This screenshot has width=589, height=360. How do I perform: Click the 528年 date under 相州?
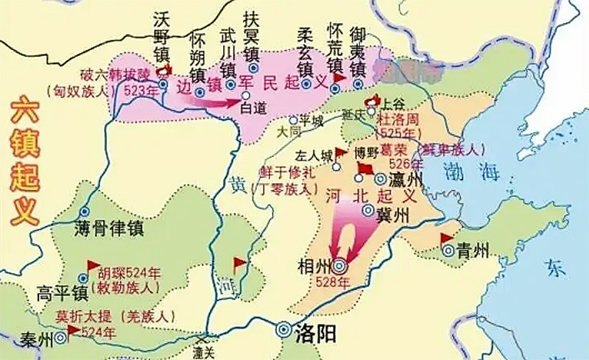pyautogui.click(x=338, y=284)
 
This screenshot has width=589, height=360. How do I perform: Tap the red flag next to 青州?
pyautogui.click(x=446, y=239)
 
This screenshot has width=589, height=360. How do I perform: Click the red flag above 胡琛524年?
pyautogui.click(x=93, y=264)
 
